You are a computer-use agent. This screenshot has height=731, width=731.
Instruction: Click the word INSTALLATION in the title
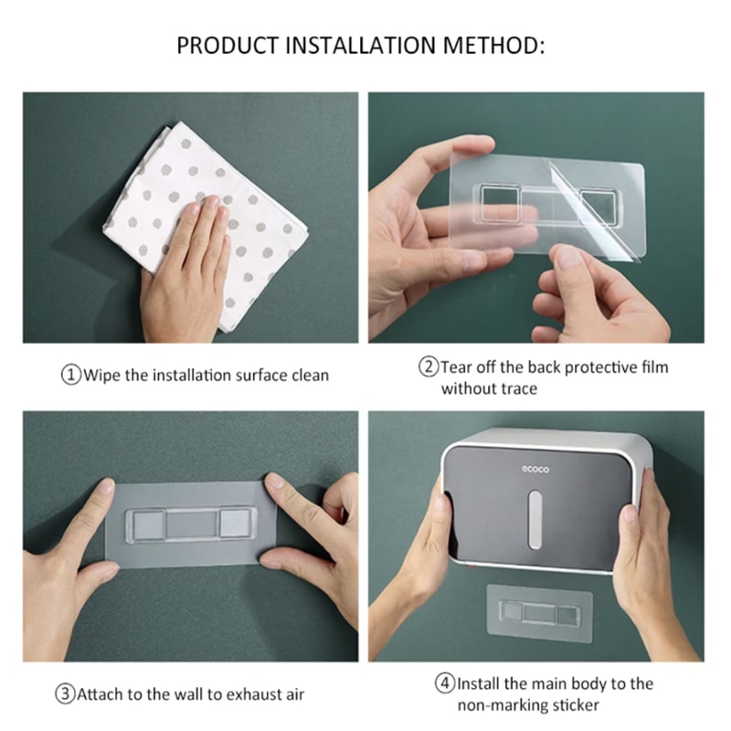[x=361, y=46]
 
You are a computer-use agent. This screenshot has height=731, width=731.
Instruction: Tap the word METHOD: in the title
[x=494, y=46]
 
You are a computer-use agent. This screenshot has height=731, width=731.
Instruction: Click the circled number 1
[x=71, y=376]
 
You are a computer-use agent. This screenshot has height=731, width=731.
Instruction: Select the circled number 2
[x=429, y=367]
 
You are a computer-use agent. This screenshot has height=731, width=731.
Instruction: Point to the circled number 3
[x=65, y=694]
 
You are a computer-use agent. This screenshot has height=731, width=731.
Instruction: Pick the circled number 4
[x=445, y=683]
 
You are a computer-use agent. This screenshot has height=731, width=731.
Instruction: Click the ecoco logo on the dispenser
[x=535, y=469]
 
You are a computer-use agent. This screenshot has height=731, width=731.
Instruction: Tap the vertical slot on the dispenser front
[x=535, y=519]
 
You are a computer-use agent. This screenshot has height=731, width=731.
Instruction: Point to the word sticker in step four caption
[x=576, y=705]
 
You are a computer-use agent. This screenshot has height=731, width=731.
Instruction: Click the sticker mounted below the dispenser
[x=539, y=613]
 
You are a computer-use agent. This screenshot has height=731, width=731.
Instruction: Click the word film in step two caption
[x=654, y=367]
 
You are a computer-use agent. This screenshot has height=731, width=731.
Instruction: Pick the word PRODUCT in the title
[x=228, y=46]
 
